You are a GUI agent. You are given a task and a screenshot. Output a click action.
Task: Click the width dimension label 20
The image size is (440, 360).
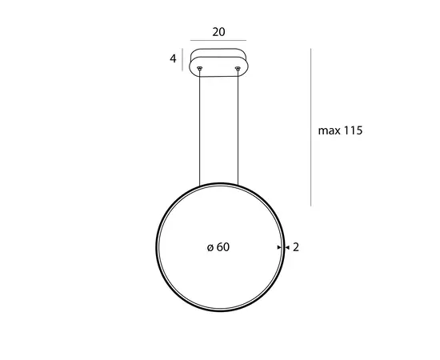point(218,33)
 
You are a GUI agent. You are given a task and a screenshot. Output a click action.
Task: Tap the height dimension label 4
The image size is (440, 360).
point(173,59)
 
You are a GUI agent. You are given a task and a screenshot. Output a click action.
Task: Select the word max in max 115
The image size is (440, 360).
point(328,130)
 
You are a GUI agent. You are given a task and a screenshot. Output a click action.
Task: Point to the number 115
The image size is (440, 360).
point(353,130)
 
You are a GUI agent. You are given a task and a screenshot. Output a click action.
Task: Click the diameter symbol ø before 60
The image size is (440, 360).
point(210,248)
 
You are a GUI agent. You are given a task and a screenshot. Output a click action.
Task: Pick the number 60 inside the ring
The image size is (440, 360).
point(223,248)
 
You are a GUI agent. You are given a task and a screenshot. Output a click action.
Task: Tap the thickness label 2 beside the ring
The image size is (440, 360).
point(296,248)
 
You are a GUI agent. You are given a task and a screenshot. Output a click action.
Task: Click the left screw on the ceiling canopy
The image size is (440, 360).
point(199,70)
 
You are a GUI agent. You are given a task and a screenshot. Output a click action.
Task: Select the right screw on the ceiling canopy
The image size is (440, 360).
point(238,70)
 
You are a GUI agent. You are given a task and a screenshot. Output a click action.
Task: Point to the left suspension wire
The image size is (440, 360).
point(199,128)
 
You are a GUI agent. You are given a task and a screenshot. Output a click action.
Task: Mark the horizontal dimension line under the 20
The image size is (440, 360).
point(218,42)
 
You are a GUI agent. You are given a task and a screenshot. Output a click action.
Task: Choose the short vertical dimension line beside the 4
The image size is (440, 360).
point(183,60)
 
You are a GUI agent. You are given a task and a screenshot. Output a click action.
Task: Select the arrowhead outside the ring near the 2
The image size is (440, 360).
point(286,248)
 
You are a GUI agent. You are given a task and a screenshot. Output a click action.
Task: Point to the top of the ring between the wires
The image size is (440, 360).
point(218,184)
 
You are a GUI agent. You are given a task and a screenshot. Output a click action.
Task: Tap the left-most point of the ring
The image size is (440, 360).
point(155,248)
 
